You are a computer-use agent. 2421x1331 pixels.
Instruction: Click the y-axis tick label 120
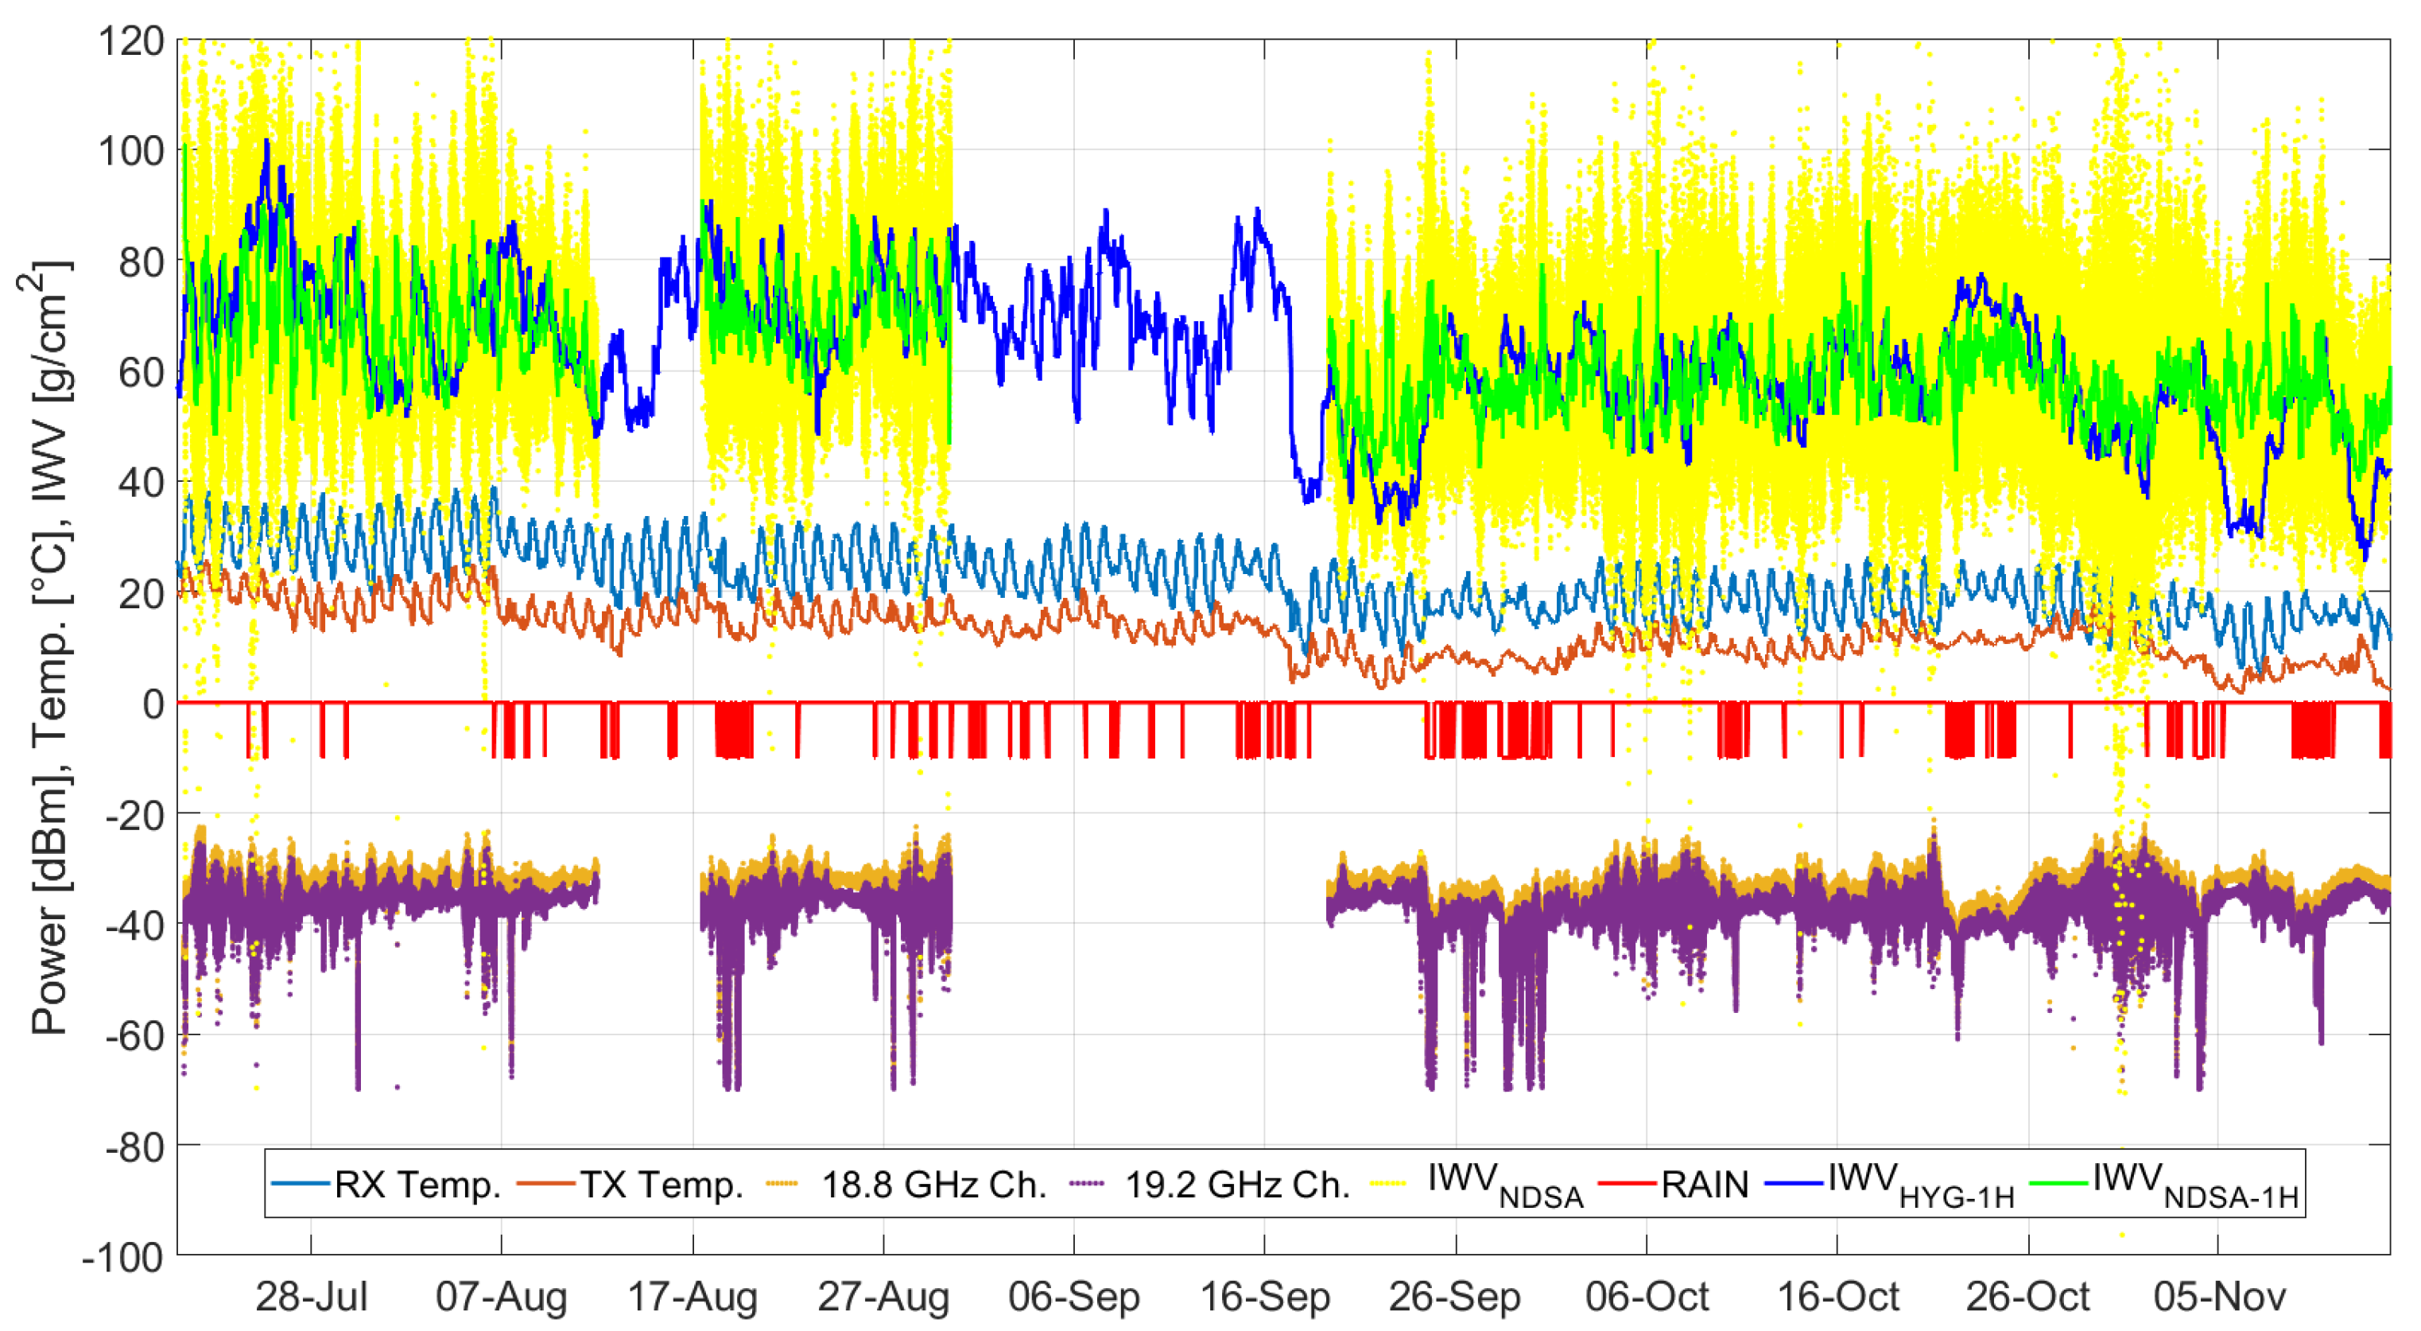coord(130,41)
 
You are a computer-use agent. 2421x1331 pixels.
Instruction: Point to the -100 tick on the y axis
coord(123,1257)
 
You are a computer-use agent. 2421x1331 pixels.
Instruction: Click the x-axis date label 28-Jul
coord(311,1297)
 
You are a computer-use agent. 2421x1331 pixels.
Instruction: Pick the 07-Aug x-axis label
coord(501,1297)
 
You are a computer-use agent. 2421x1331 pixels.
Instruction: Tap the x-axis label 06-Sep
coord(1073,1297)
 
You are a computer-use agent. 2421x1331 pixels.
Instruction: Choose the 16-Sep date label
coord(1265,1297)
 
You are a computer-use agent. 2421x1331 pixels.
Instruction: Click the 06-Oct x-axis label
coord(1647,1297)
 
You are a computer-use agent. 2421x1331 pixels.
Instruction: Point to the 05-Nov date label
coord(2219,1297)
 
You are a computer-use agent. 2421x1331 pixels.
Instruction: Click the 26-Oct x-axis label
coord(2027,1297)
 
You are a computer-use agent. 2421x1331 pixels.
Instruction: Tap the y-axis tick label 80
coord(142,262)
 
